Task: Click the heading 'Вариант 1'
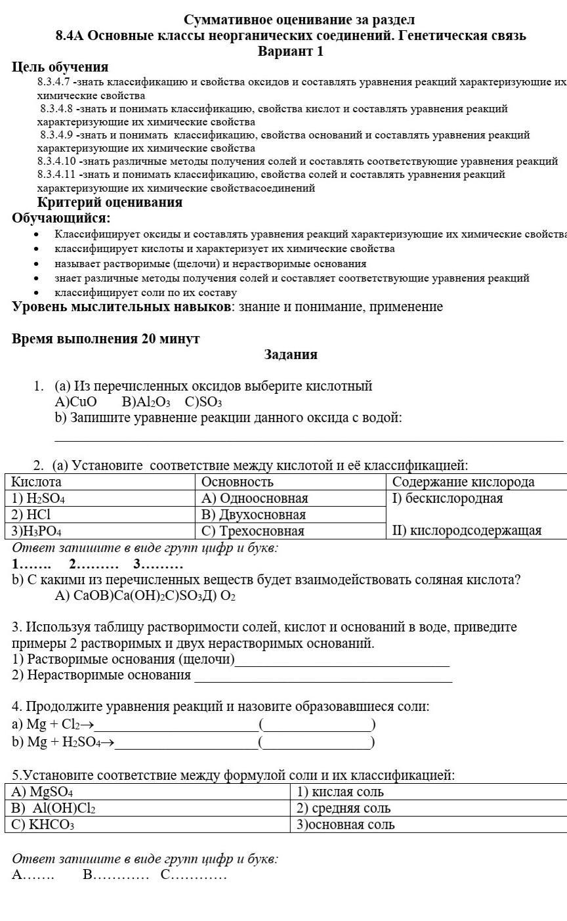click(291, 51)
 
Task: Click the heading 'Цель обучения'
click(60, 67)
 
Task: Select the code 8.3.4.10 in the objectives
click(56, 161)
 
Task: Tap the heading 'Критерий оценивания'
click(110, 203)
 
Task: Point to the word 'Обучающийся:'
click(61, 218)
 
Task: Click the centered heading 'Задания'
click(291, 355)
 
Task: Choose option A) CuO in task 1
click(75, 402)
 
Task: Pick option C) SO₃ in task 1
click(203, 402)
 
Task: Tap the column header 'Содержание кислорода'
click(463, 482)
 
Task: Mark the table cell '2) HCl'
click(31, 515)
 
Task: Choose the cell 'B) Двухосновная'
click(254, 515)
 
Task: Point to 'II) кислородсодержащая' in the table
click(467, 530)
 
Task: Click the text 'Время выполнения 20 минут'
click(106, 339)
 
